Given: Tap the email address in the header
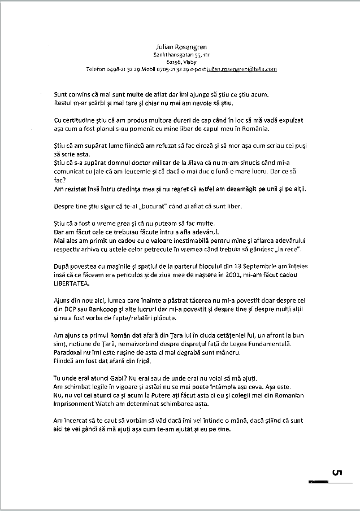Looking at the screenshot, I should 241,69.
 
